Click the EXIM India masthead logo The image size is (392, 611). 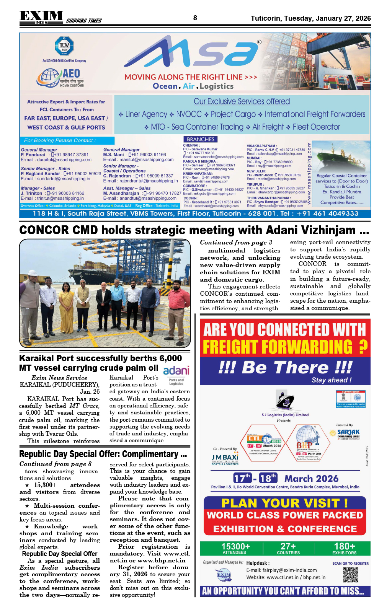tap(41, 17)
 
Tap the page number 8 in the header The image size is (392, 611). tap(195, 18)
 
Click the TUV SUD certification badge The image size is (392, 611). tap(64, 46)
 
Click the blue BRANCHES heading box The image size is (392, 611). tap(201, 139)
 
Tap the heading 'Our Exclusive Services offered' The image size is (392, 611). tap(242, 101)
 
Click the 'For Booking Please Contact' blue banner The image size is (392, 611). tap(67, 140)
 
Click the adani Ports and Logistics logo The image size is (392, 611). tap(176, 375)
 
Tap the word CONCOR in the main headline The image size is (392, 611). tap(44, 230)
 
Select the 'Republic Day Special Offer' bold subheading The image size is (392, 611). tap(60, 554)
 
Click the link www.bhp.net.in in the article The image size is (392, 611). tap(161, 560)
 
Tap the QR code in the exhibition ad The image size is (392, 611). tap(350, 575)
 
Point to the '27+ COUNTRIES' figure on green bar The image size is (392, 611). tap(288, 548)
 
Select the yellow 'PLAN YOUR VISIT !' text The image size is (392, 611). tap(284, 503)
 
